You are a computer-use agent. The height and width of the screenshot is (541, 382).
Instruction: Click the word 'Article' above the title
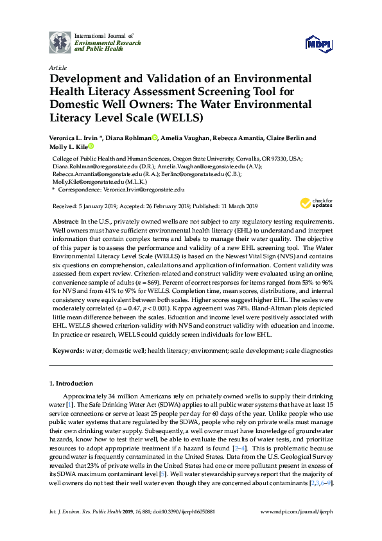pos(57,67)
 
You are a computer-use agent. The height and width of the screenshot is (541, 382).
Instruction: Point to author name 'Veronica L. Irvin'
pos(76,138)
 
